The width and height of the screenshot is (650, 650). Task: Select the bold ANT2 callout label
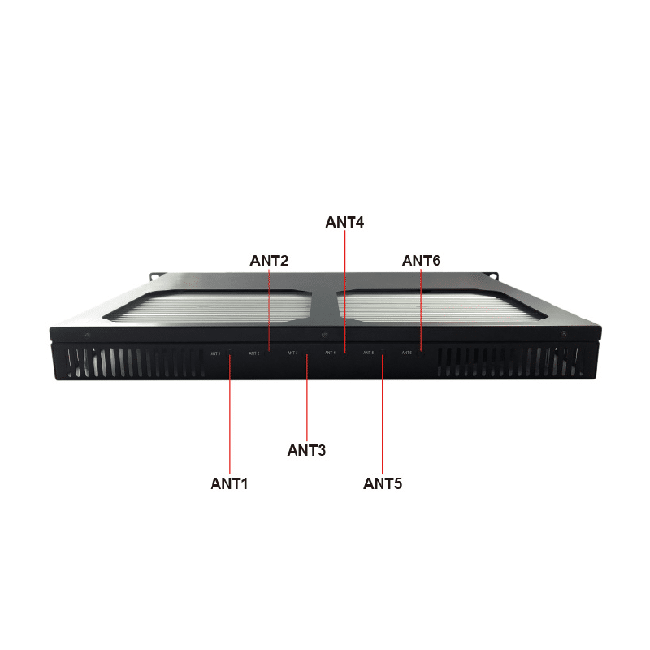point(269,261)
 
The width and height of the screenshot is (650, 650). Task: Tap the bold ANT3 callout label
point(306,449)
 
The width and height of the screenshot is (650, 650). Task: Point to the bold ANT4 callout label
point(344,221)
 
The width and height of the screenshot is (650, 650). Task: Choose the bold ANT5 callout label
point(383,483)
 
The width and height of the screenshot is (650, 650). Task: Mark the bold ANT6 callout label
point(421,261)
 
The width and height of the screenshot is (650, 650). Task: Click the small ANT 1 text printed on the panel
point(215,353)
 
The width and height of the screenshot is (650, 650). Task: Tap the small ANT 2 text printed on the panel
point(254,353)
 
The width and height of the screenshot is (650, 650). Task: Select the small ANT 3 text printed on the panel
point(292,353)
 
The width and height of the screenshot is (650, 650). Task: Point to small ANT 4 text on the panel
point(330,353)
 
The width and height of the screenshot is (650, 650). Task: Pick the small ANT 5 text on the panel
point(368,353)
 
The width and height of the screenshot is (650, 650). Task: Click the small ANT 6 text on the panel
point(406,353)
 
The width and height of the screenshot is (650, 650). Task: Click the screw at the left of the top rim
point(87,336)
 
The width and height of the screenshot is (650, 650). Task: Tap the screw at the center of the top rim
point(324,334)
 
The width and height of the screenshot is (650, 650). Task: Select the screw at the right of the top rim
point(563,335)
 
